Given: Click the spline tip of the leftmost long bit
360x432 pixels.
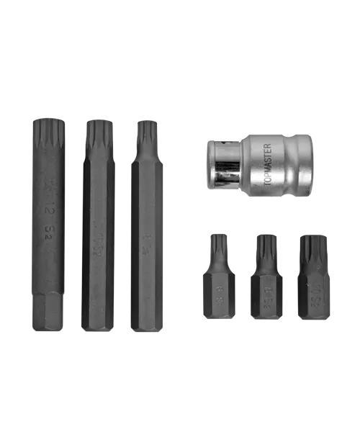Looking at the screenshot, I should click(49, 134).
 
